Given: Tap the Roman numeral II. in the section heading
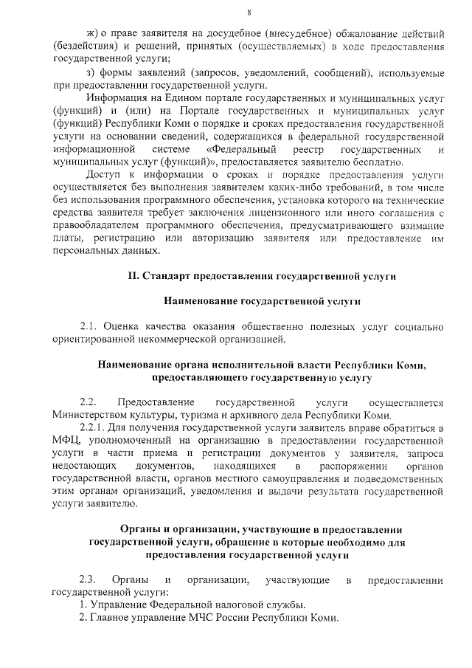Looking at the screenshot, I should [x=133, y=276].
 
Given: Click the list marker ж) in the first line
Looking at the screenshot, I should [x=92, y=34].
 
